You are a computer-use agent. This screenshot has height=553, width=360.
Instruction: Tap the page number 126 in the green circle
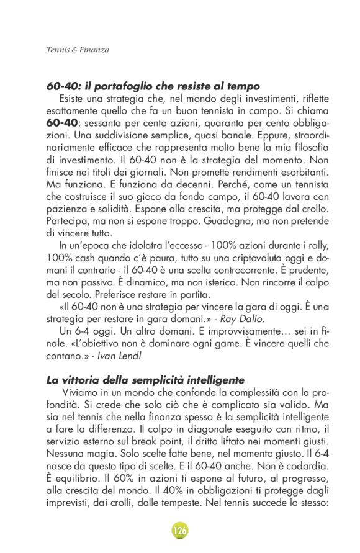(180, 530)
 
